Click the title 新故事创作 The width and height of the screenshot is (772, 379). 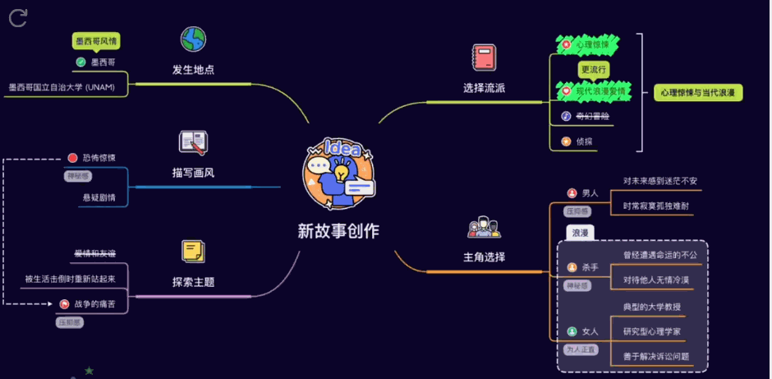(x=338, y=231)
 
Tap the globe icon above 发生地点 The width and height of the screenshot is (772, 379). (x=193, y=39)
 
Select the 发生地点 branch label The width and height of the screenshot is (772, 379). (x=193, y=69)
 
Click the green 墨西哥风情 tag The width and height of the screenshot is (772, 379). (x=98, y=40)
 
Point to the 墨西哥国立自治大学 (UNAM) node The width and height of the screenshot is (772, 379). (x=62, y=86)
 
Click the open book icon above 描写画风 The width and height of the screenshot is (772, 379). (x=193, y=142)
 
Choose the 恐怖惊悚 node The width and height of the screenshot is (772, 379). (x=99, y=157)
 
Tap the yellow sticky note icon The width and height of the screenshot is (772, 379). (x=193, y=251)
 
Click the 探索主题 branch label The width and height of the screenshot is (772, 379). (x=193, y=281)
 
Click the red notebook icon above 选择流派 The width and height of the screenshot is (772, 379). (x=484, y=58)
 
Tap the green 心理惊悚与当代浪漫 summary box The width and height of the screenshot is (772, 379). (x=697, y=92)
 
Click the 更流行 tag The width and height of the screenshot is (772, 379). (x=593, y=69)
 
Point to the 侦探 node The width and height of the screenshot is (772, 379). (x=584, y=141)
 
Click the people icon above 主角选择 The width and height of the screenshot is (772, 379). (x=484, y=227)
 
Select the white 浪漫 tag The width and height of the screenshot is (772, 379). (x=581, y=233)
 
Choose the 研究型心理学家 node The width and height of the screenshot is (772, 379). (x=651, y=331)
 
